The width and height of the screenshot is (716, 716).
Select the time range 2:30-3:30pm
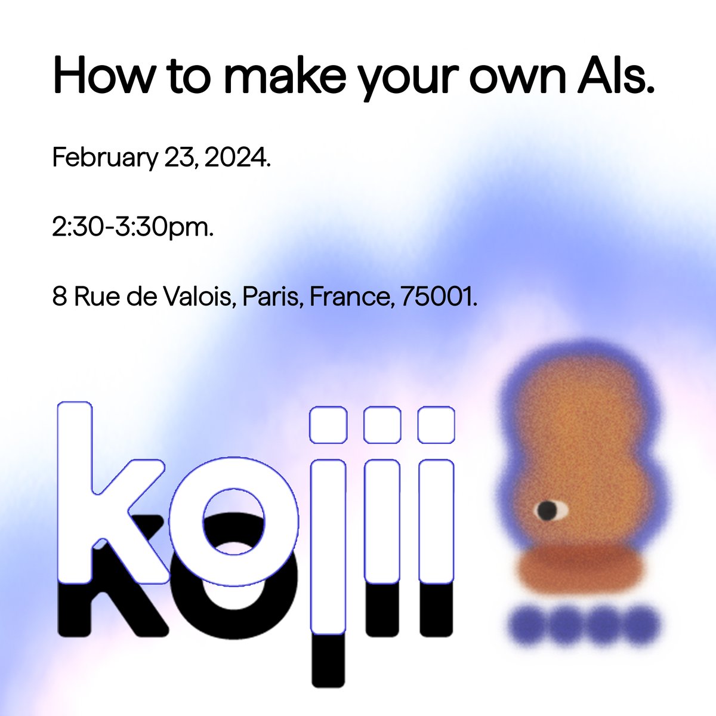(133, 227)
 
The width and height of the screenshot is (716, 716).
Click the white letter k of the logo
(101, 495)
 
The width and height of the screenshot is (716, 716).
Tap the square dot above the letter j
(328, 424)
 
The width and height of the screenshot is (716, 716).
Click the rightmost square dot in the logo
(436, 424)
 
